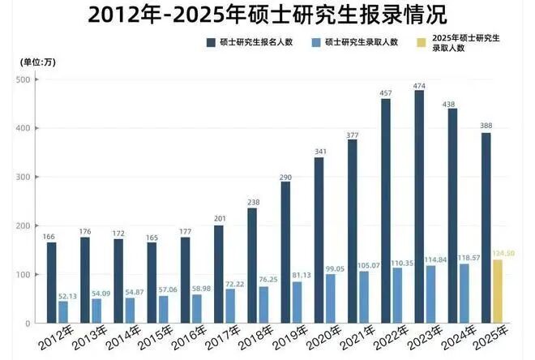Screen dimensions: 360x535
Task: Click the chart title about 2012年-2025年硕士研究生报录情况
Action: click(x=267, y=14)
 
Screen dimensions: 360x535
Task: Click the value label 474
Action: click(x=419, y=84)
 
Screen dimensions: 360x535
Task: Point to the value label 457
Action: click(x=386, y=92)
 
